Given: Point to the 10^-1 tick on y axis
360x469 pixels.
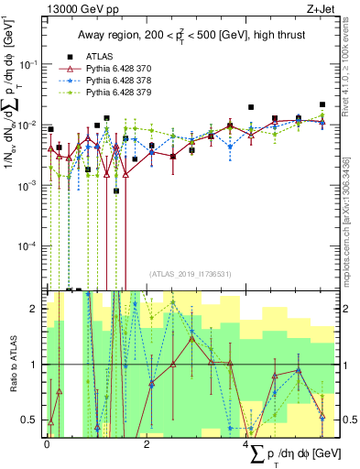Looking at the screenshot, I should coord(29,63).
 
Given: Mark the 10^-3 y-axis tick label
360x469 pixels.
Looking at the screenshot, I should coord(29,185).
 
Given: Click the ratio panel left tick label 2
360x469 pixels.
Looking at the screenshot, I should coord(35,309).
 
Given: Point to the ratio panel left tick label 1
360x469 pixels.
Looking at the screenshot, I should coord(35,365).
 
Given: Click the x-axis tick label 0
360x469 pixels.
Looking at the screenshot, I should coord(47,443).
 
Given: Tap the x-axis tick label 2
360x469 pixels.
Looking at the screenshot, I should coord(147,443).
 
